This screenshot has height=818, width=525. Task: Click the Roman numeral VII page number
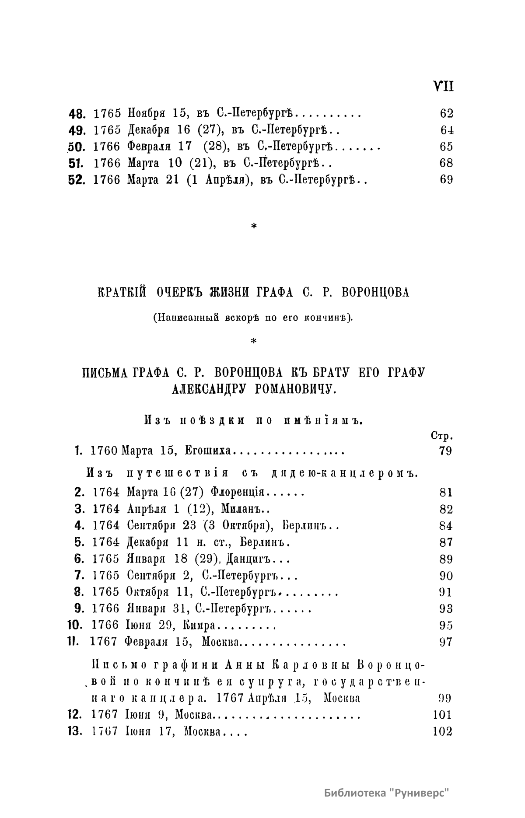pyautogui.click(x=443, y=86)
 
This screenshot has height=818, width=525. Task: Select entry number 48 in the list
pyautogui.click(x=79, y=114)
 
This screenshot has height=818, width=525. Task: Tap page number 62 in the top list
pyautogui.click(x=446, y=114)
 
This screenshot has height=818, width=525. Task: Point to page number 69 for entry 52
pyautogui.click(x=446, y=179)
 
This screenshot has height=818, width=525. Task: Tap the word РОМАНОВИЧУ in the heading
pyautogui.click(x=295, y=388)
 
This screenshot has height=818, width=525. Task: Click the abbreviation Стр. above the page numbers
pyautogui.click(x=441, y=436)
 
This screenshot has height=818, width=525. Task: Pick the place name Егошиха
pyautogui.click(x=206, y=451)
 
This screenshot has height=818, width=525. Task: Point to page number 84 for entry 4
pyautogui.click(x=446, y=526)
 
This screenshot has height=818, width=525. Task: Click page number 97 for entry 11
pyautogui.click(x=446, y=642)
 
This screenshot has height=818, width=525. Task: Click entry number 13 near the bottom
pyautogui.click(x=75, y=731)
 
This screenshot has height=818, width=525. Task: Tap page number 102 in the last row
pyautogui.click(x=442, y=731)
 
